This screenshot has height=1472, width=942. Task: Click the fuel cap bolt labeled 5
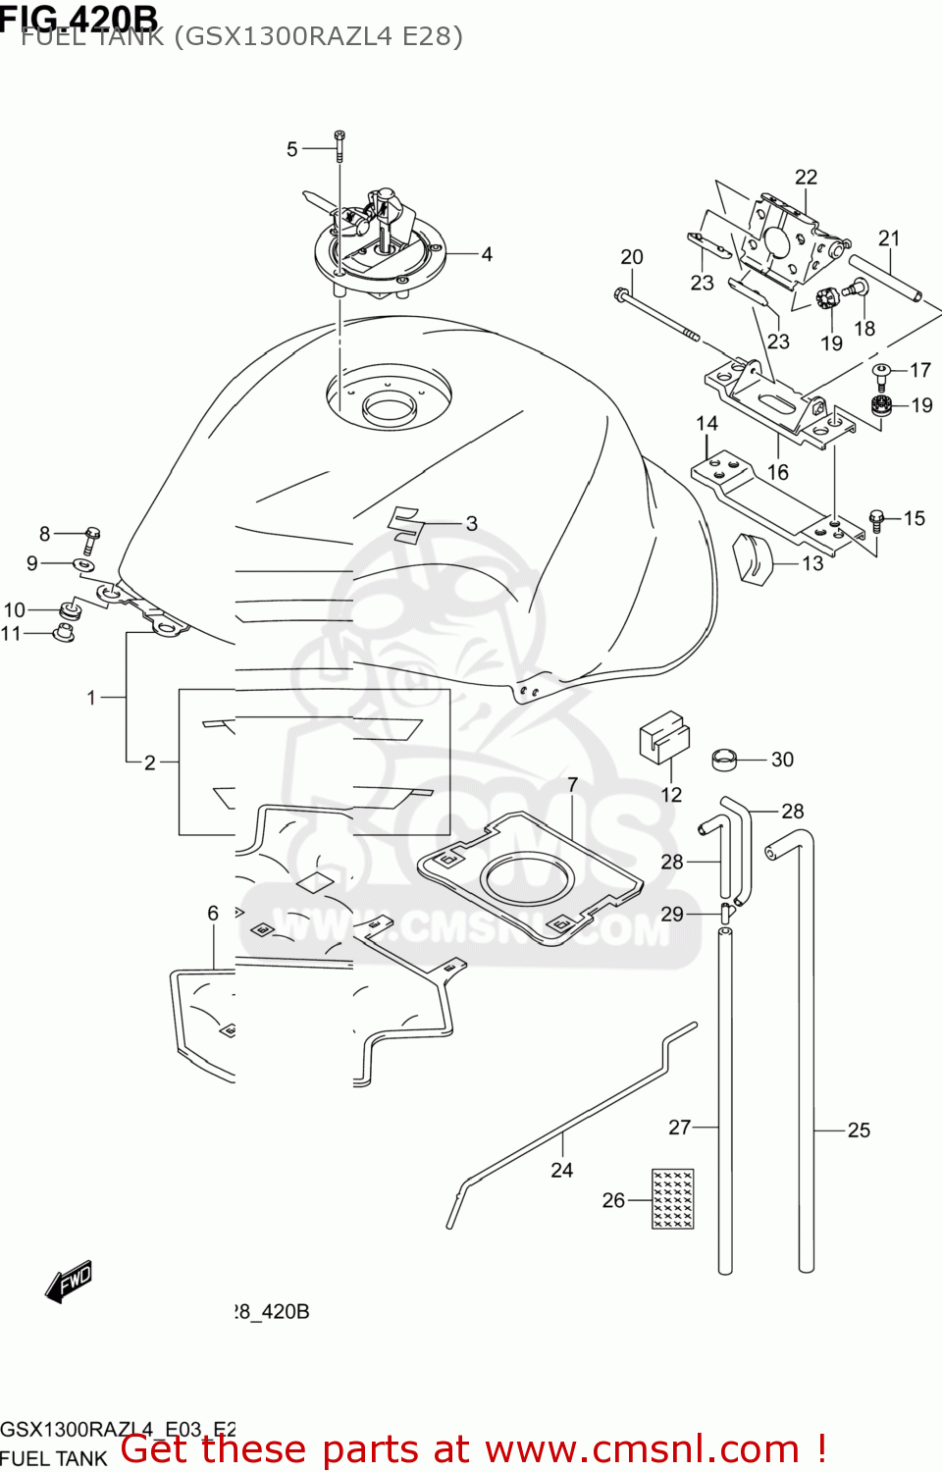pyautogui.click(x=340, y=145)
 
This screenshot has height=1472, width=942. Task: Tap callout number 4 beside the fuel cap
pyautogui.click(x=486, y=254)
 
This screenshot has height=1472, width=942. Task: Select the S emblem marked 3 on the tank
pyautogui.click(x=404, y=524)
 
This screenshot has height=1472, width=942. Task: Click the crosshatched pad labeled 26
pyautogui.click(x=673, y=1198)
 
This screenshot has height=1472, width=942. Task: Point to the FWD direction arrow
pyautogui.click(x=70, y=1282)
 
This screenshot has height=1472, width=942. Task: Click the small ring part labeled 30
pyautogui.click(x=725, y=759)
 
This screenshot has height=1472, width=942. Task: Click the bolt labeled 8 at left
pyautogui.click(x=92, y=536)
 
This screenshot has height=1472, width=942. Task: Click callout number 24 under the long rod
pyautogui.click(x=561, y=1170)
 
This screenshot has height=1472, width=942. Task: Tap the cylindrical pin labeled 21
pyautogui.click(x=885, y=280)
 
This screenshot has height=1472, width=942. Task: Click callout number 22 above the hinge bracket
pyautogui.click(x=806, y=177)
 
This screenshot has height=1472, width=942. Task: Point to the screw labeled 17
pyautogui.click(x=881, y=374)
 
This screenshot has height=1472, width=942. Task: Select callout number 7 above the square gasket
pyautogui.click(x=573, y=785)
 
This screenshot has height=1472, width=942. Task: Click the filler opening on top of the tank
pyautogui.click(x=389, y=404)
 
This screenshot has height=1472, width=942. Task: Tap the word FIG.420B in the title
pyautogui.click(x=78, y=17)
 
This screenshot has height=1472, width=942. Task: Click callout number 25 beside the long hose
pyautogui.click(x=859, y=1130)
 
